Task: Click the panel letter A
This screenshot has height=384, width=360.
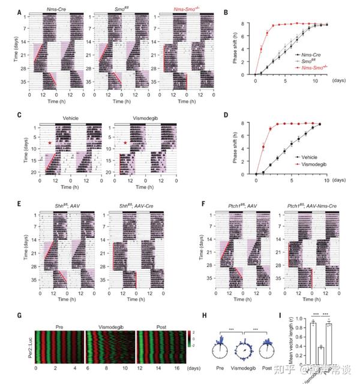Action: [x=20, y=12]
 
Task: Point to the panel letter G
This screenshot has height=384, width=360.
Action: [x=20, y=314]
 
